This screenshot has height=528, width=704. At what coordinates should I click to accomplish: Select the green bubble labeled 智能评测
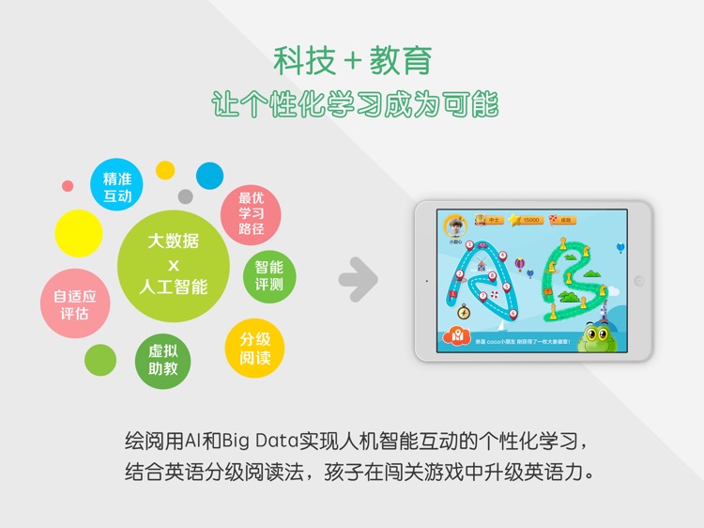click(x=269, y=274)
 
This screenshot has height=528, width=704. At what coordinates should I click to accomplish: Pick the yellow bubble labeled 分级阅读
click(x=254, y=348)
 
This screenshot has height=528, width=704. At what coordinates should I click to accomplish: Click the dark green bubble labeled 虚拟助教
click(x=162, y=360)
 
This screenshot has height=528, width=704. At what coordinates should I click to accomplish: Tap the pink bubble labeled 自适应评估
click(x=75, y=304)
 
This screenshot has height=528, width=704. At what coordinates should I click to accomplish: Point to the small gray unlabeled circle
click(x=185, y=196)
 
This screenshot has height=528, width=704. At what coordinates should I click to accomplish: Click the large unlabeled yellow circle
click(x=79, y=233)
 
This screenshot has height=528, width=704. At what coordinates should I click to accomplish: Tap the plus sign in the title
click(x=353, y=62)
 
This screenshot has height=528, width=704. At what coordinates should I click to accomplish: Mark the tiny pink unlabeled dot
click(x=68, y=186)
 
